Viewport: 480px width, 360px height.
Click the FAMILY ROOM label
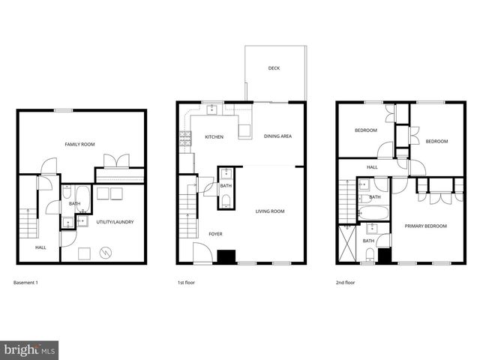point(79,144)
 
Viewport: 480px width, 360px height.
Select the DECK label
point(274,68)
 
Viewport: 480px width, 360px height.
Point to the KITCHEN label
point(214,136)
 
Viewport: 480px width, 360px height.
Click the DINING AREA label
point(277,136)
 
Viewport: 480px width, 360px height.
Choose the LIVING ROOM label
point(269,211)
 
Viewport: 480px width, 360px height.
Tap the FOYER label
point(215,235)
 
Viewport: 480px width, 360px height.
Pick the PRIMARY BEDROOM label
point(425,226)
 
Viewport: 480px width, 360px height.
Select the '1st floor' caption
point(186,283)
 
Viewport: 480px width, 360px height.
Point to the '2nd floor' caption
point(346,283)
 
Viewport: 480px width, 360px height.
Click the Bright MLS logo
point(30,349)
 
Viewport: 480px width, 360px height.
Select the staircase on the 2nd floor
point(346,201)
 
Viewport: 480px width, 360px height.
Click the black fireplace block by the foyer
point(226,256)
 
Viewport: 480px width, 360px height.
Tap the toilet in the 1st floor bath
point(226,199)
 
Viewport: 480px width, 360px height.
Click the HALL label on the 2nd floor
point(372,167)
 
